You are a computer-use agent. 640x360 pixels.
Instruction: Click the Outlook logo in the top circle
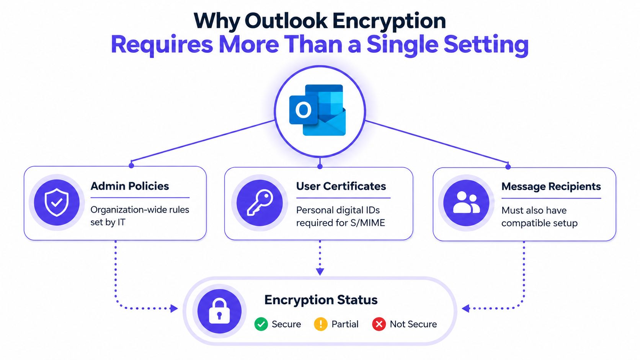click(317, 110)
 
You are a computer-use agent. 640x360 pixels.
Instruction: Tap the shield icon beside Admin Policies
click(57, 202)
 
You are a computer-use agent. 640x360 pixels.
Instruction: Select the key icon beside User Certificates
click(260, 202)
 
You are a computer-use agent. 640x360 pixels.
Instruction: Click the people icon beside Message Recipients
click(466, 202)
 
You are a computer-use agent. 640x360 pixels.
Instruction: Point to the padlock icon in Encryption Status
click(219, 311)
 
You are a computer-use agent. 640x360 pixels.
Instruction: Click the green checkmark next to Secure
click(261, 324)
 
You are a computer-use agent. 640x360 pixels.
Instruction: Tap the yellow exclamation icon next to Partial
click(320, 324)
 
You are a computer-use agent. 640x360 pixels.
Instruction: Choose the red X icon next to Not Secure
click(379, 324)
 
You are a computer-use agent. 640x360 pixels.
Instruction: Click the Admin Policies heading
click(130, 186)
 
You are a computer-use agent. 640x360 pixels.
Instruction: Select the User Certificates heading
click(341, 186)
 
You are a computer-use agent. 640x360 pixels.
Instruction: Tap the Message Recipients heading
click(551, 186)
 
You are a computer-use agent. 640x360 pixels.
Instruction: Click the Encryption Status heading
click(321, 300)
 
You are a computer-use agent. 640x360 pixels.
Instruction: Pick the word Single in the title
click(402, 45)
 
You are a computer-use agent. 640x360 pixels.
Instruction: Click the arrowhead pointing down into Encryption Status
click(320, 272)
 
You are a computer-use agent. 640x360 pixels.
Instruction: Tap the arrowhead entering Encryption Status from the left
click(174, 308)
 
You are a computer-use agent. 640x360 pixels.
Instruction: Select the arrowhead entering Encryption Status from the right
click(466, 308)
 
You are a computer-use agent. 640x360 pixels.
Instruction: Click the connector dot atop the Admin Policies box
click(131, 165)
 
